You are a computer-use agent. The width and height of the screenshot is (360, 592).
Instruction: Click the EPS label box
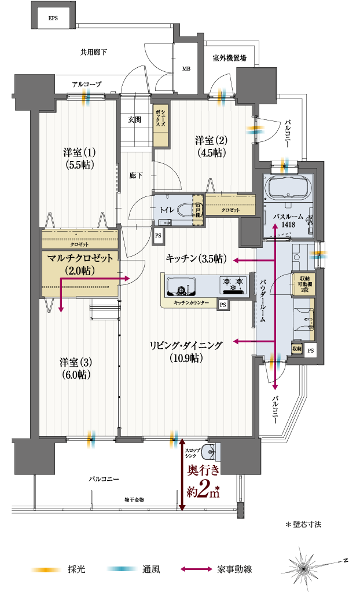point(53,18)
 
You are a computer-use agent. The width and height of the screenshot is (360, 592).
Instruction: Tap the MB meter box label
point(186,68)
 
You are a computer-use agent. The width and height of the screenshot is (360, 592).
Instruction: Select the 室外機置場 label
point(229,58)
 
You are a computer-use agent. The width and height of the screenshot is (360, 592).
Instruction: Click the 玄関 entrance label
point(135,119)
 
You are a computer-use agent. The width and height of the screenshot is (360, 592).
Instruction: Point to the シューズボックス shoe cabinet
point(161,125)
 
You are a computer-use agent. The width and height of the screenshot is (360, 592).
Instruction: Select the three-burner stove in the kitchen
point(233,284)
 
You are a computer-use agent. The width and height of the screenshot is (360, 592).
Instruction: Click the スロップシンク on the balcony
point(213,450)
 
